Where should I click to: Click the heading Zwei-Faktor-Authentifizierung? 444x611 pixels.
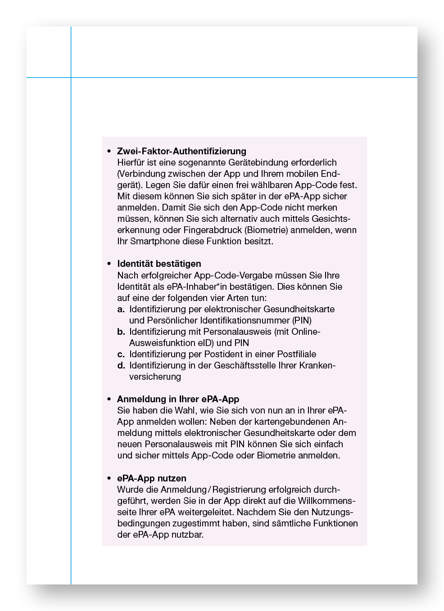pos(181,151)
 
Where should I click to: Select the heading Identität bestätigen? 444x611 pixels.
pos(159,264)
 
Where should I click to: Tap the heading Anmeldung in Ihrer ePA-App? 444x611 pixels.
pos(178,399)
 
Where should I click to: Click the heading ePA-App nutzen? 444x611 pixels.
pos(151,478)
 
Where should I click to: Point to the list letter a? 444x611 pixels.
pos(121,309)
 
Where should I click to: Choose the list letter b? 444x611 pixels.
pos(121,332)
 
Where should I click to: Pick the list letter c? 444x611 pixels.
pos(121,354)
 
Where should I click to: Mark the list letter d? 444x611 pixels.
pos(121,365)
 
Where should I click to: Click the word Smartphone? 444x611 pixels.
pos(155,241)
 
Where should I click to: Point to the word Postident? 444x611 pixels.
pos(224,354)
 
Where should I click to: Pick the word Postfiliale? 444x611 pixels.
pos(297,354)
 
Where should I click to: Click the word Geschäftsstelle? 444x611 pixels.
pos(245,365)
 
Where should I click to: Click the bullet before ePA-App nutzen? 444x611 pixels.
pos(109,478)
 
